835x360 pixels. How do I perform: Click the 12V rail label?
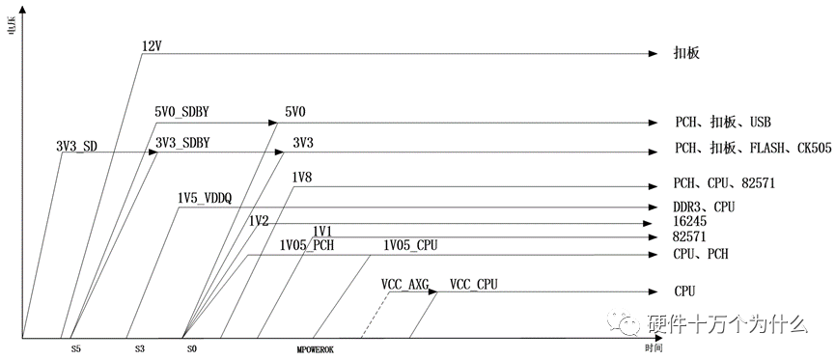point(151,46)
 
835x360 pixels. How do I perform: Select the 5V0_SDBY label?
point(181,112)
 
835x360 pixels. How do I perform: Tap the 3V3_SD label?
point(76,146)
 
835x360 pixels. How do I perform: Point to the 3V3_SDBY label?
point(182,143)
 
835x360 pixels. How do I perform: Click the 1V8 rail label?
point(302,178)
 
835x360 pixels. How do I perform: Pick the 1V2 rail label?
point(259,220)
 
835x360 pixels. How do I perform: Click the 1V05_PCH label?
point(306,245)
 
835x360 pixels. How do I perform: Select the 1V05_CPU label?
point(410,245)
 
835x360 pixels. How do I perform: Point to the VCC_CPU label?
point(474,284)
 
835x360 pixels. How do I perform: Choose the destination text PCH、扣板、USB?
point(723,124)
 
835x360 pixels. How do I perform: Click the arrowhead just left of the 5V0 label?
point(273,123)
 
